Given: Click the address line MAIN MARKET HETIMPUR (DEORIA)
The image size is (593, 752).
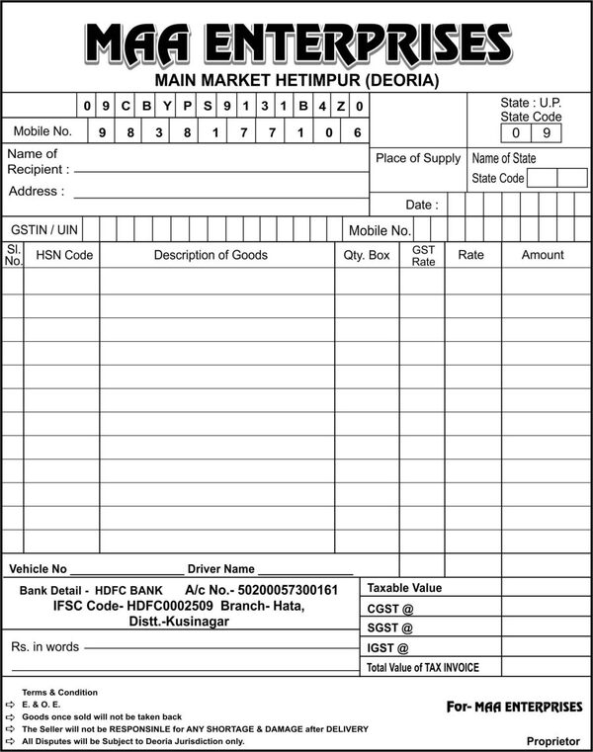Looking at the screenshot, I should (296, 80).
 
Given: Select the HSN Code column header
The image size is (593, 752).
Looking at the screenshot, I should (64, 255).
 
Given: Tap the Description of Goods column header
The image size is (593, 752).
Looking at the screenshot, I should (211, 255).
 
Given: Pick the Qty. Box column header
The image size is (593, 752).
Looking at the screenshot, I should (367, 255).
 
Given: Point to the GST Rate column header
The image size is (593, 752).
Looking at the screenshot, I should (423, 256).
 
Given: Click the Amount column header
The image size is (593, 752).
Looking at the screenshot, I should (543, 255).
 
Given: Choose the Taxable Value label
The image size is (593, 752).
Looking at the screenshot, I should (404, 588).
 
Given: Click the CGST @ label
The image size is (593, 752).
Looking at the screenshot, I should (389, 609).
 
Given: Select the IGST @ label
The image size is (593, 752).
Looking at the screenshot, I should (387, 648).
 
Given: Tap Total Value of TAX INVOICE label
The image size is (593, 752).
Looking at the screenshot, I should (422, 668).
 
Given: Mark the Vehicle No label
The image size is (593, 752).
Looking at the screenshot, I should (38, 569).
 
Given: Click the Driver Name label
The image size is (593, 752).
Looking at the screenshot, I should (221, 569).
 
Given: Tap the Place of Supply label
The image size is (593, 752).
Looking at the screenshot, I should (418, 158).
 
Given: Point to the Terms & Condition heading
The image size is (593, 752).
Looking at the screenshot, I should (60, 693).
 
